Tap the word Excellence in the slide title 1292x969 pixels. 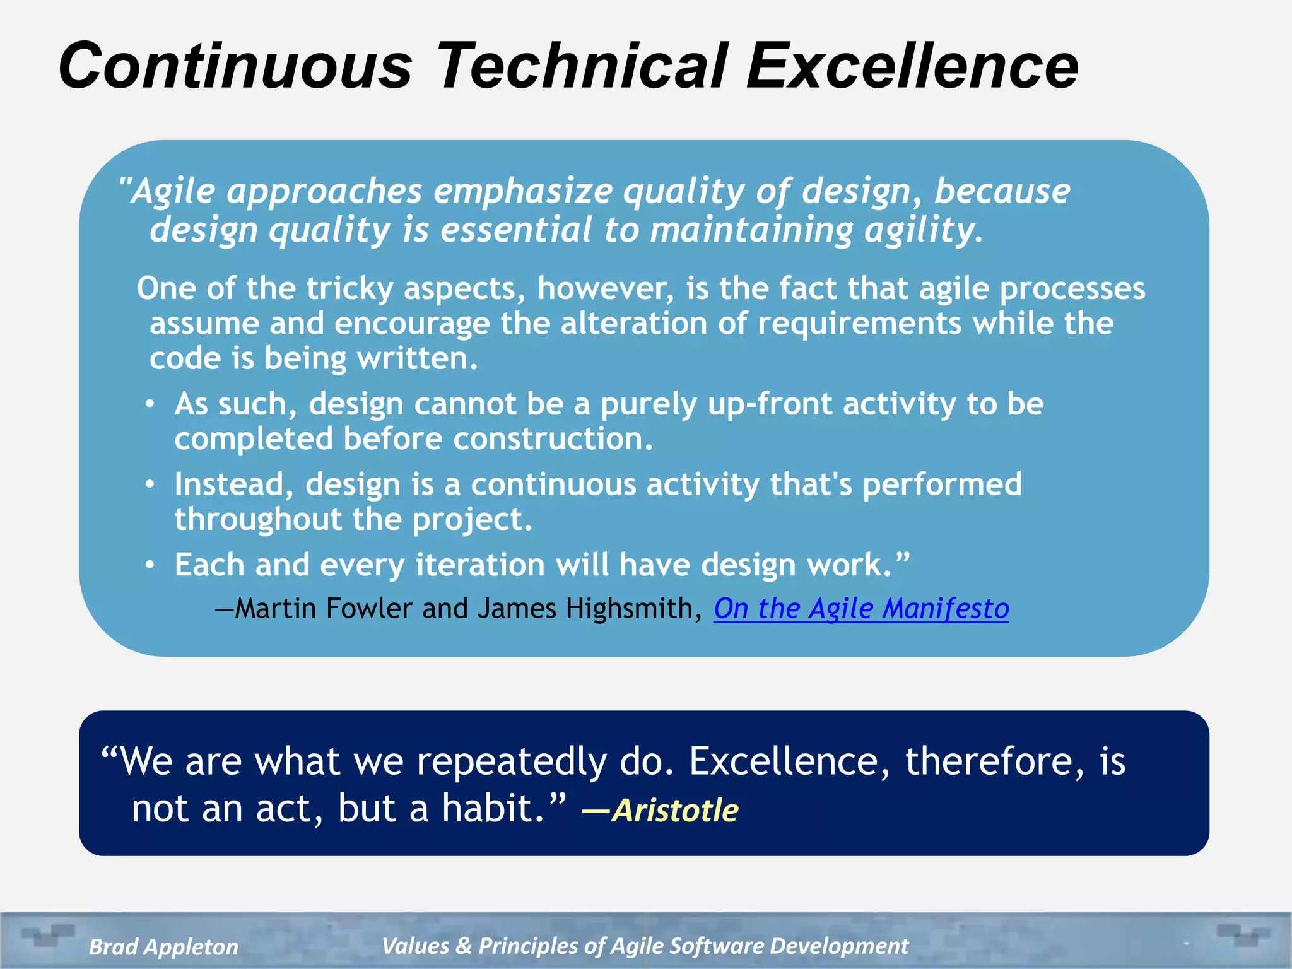(912, 66)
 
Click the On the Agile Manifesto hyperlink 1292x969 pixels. (861, 609)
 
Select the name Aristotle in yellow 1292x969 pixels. (675, 810)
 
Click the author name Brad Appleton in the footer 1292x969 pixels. (163, 946)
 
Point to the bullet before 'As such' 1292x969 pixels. (150, 404)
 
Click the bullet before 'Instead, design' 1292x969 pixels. (150, 484)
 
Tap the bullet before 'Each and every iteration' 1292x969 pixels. (150, 565)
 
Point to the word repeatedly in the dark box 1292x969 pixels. (511, 762)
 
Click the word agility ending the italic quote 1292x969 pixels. (922, 230)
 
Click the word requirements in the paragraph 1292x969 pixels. (859, 324)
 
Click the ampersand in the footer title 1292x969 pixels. (464, 946)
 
